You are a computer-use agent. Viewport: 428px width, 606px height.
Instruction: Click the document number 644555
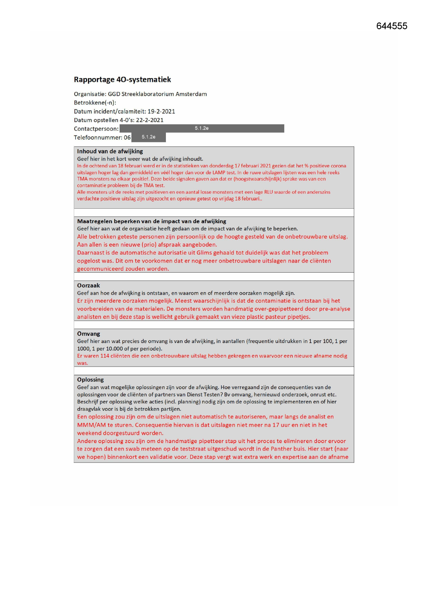[x=391, y=26]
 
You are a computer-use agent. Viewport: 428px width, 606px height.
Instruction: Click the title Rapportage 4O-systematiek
[x=122, y=79]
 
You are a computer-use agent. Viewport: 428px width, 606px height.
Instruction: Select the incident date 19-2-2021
[x=161, y=111]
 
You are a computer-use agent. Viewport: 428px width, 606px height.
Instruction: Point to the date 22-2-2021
[x=150, y=120]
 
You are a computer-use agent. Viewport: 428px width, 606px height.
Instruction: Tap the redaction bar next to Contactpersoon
[x=202, y=129]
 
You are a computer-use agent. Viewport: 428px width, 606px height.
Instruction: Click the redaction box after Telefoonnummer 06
[x=148, y=137]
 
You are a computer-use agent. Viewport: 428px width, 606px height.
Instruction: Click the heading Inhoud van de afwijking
[x=110, y=151]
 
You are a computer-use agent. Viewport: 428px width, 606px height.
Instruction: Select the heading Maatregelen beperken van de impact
[x=151, y=221]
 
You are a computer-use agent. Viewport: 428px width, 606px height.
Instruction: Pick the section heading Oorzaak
[x=88, y=285]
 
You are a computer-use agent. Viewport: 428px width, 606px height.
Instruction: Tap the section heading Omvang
[x=88, y=334]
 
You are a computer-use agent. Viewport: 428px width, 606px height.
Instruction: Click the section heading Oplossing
[x=90, y=379]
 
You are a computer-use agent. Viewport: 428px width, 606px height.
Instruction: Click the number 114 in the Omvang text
[x=104, y=356]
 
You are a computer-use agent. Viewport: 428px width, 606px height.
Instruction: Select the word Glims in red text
[x=204, y=253]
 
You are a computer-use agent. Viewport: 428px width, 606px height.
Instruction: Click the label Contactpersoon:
[x=96, y=129]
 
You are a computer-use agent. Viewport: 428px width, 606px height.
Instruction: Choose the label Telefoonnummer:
[x=98, y=138]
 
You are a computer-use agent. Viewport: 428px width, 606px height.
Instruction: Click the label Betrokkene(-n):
[x=95, y=103]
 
